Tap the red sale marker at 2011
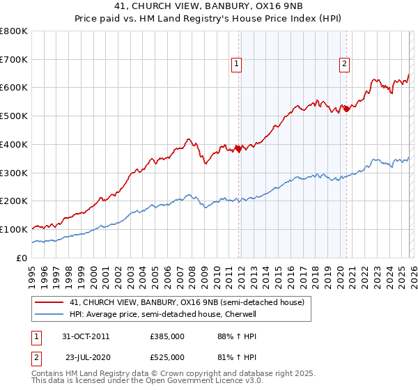click(238, 148)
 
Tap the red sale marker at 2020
click(346, 108)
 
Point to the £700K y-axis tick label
click(14, 60)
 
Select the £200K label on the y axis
click(14, 201)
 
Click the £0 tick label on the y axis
click(22, 258)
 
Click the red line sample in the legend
click(49, 303)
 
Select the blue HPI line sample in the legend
click(49, 315)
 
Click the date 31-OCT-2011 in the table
click(86, 336)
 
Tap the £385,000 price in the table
click(167, 336)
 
